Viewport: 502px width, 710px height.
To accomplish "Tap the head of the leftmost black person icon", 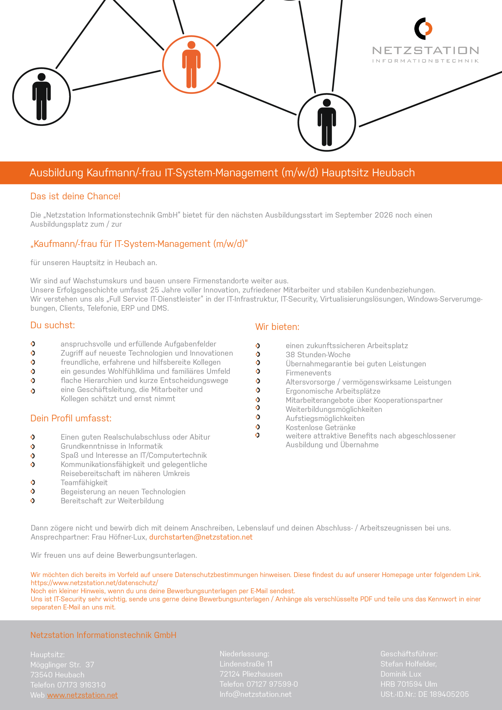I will point(41,77).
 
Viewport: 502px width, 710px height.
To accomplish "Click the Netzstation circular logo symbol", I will point(423,29).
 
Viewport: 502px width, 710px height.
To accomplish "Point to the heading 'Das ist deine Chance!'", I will point(75,196).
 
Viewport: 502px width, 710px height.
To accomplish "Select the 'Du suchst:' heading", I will point(53,325).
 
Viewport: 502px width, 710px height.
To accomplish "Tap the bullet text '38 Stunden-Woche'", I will point(318,355).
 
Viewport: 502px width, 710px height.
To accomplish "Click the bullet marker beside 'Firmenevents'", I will point(258,371).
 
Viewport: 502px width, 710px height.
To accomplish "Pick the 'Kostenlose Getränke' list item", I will point(320,427).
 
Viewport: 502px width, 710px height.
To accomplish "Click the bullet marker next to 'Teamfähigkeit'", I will point(33,482).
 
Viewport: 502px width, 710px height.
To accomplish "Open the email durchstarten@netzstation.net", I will point(201,537).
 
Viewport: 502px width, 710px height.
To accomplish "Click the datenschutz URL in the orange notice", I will point(94,583).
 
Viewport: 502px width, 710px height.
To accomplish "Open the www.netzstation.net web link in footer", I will point(82,695).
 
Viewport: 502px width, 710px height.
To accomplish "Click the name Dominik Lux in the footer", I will point(400,674).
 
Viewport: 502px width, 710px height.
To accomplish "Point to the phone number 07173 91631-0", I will point(81,685).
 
